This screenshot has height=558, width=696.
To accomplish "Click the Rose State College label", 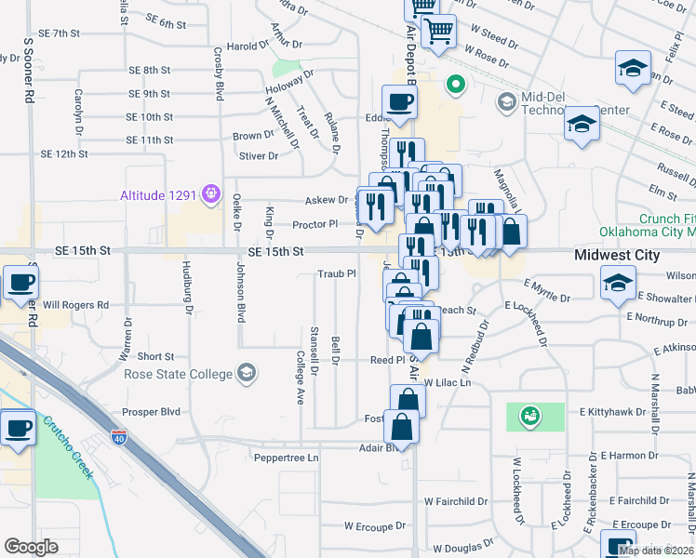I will point(178,374).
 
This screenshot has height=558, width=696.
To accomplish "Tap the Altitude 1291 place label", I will point(159,194).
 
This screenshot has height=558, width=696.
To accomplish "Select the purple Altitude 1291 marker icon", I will point(212,193).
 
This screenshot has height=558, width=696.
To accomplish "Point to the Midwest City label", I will point(617,255).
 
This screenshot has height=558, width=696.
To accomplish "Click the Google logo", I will point(31,546).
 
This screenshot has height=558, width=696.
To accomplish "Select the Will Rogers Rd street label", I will point(76,304).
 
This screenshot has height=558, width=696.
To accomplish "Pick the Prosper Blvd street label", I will point(151,411).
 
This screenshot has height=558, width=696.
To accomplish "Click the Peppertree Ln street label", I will point(287,458).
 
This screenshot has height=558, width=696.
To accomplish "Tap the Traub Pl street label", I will point(337,274).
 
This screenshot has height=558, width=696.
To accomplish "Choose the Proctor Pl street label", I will point(315,224).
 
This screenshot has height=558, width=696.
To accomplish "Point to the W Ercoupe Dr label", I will point(375,525).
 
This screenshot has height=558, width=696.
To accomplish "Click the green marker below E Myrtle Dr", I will point(530,415).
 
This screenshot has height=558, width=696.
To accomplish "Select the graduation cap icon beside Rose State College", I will point(246,374).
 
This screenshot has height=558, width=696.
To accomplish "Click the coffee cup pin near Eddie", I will point(399,102).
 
